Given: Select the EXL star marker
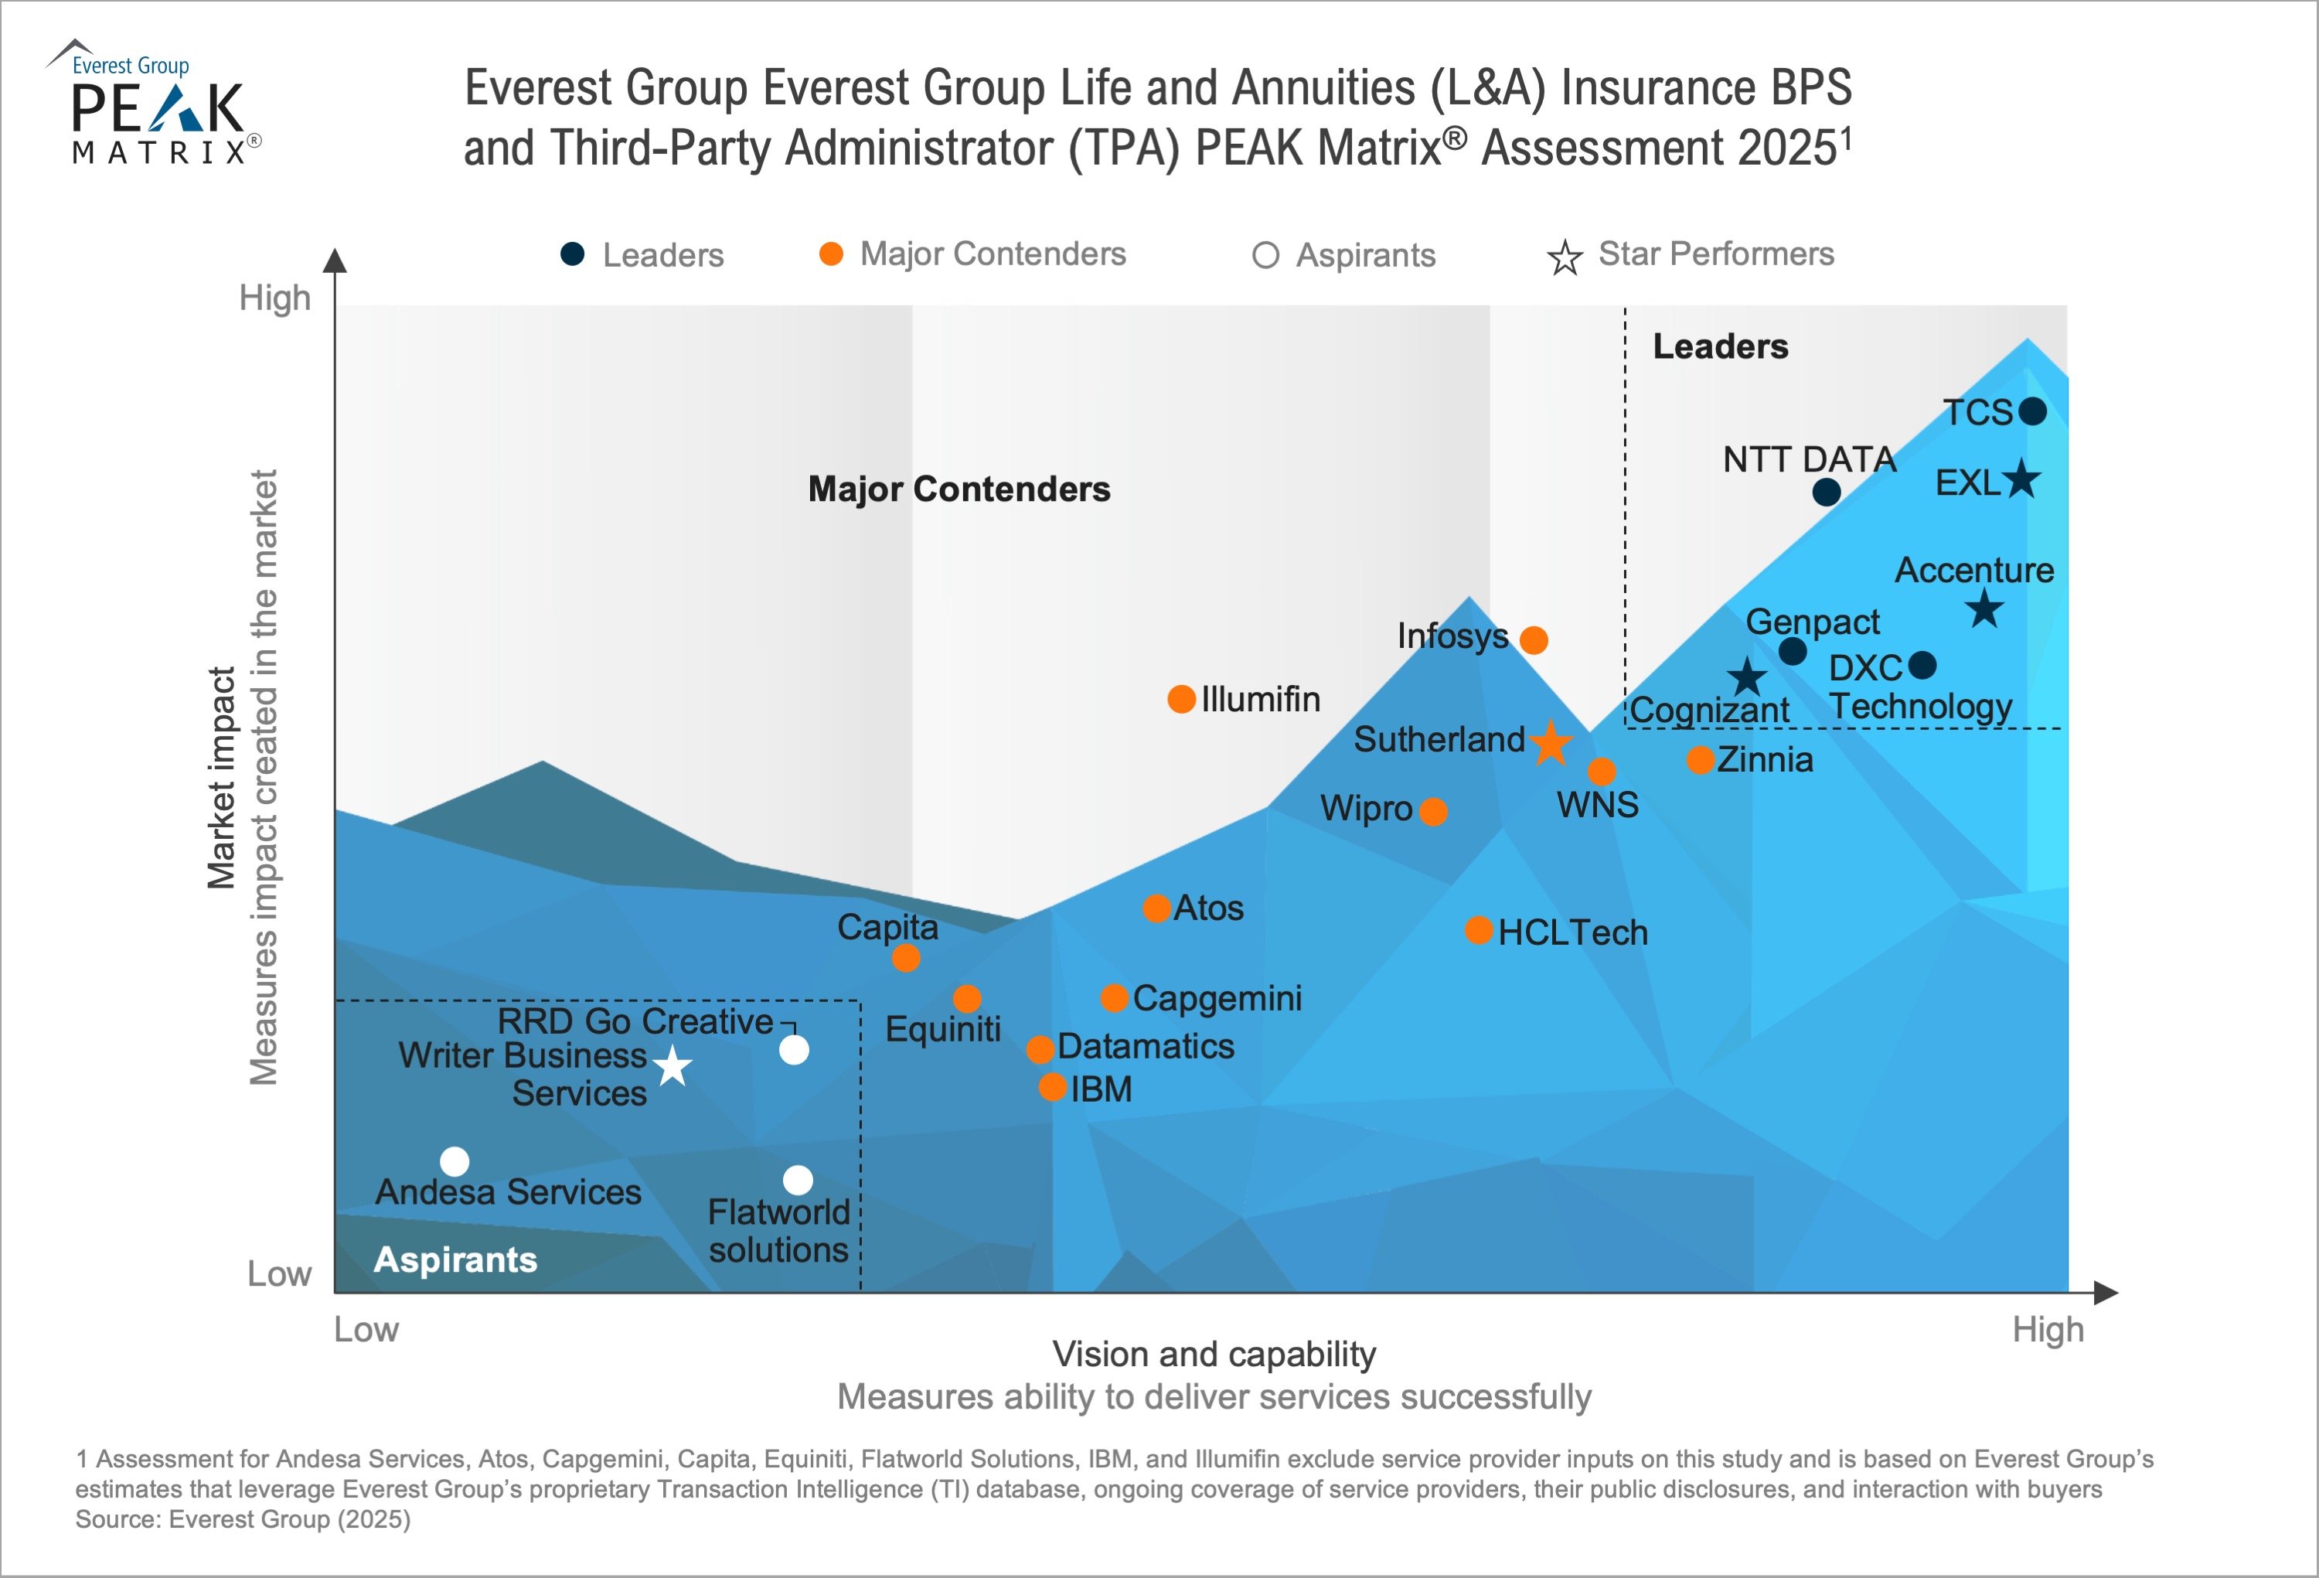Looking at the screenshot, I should [2021, 479].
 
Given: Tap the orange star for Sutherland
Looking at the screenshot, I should [1551, 742].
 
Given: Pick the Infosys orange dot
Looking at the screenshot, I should [1534, 640].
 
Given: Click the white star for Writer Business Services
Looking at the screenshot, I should [673, 1066].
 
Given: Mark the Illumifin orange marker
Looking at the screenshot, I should [1181, 699].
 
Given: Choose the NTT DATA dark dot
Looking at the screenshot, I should [1826, 492].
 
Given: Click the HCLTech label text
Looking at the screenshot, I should [1572, 932].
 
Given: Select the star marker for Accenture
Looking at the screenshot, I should [1985, 608].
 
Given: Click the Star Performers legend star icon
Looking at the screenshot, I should [1565, 257].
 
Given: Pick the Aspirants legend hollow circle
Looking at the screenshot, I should [1265, 255].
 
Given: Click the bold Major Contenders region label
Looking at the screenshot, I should [959, 489].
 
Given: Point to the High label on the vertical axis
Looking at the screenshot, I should [274, 298].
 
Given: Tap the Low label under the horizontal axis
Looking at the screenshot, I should [366, 1330].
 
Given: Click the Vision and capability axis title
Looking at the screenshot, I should [1214, 1354].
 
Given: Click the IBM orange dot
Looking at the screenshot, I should [1053, 1087].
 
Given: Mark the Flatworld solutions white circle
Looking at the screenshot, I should [797, 1180].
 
